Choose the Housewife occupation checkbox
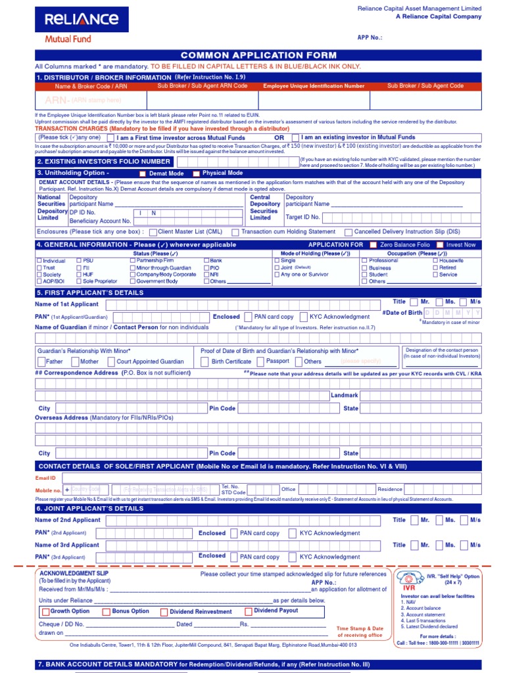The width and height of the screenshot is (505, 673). point(435,261)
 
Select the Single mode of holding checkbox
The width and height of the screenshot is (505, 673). point(276,261)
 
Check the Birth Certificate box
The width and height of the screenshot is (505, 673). point(204,361)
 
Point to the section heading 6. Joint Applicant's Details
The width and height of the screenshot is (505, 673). point(89,509)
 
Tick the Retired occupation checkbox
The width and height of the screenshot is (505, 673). point(435,268)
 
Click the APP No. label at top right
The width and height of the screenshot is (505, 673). point(370,37)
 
